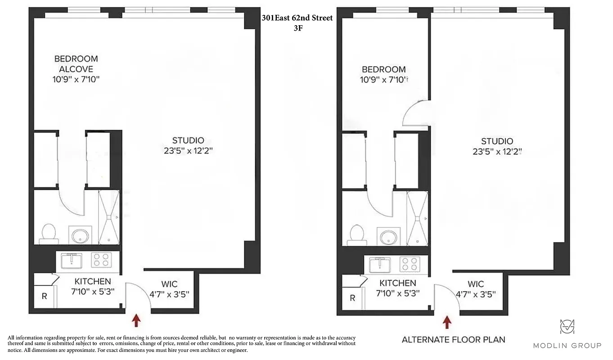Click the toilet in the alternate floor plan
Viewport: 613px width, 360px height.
pyautogui.click(x=356, y=234)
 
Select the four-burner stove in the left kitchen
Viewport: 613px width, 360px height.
pyautogui.click(x=102, y=260)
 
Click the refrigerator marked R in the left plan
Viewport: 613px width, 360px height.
pyautogui.click(x=44, y=297)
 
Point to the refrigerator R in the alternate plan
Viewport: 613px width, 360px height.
pyautogui.click(x=352, y=298)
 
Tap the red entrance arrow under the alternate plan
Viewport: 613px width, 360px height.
pyautogui.click(x=447, y=322)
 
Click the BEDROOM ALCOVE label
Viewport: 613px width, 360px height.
pyautogui.click(x=76, y=64)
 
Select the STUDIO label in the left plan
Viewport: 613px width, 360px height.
pyautogui.click(x=188, y=140)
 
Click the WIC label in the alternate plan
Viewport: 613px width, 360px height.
pyautogui.click(x=476, y=284)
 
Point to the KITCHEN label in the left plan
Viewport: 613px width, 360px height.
pyautogui.click(x=93, y=281)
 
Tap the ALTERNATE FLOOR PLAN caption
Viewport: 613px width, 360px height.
pyautogui.click(x=453, y=340)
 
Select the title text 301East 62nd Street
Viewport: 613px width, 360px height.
pyautogui.click(x=297, y=18)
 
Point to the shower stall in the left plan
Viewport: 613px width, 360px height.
pyautogui.click(x=109, y=218)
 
